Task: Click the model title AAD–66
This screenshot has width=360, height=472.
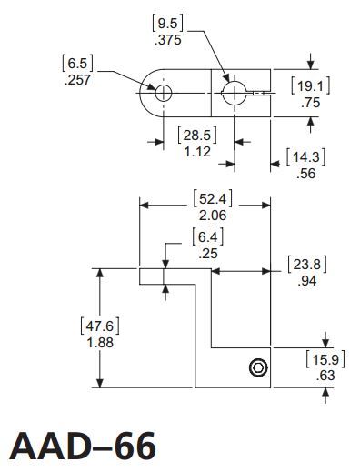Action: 83,446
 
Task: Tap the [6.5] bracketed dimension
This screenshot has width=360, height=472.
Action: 77,63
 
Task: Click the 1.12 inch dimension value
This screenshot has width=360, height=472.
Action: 197,152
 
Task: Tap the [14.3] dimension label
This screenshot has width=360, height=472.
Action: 306,156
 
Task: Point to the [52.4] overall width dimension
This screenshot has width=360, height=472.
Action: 209,199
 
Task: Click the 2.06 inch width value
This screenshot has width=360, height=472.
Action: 209,216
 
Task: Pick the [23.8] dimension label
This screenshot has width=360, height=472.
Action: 306,265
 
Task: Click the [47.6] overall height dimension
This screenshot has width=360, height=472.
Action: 102,326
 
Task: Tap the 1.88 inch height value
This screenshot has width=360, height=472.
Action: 102,342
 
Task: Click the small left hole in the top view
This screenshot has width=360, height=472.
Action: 163,93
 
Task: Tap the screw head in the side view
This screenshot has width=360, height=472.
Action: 258,367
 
